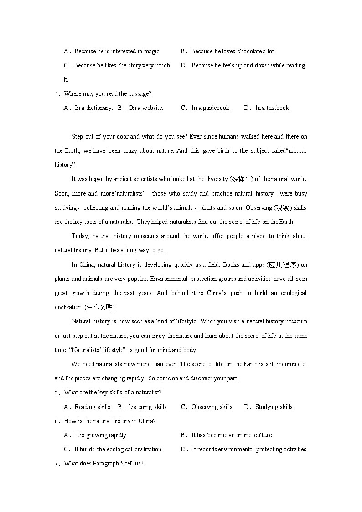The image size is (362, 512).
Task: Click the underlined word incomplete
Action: pos(291,364)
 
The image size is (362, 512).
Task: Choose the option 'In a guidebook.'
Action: pos(211,108)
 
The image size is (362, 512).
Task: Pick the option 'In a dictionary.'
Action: pos(93,108)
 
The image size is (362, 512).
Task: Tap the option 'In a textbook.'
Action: pos(273,108)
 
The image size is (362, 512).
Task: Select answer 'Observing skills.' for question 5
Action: pos(212,407)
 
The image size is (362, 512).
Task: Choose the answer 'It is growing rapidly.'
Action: pos(101,435)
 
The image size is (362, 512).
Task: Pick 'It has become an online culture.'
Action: pos(232,435)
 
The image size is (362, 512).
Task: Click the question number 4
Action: pos(57,94)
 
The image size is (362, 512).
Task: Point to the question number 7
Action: pos(57,464)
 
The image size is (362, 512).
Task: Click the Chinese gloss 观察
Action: pos(282,207)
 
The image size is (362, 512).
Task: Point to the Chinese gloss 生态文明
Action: pos(99,307)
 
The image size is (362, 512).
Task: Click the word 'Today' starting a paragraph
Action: pos(81,236)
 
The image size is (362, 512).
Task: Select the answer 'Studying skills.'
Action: pos(274,407)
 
